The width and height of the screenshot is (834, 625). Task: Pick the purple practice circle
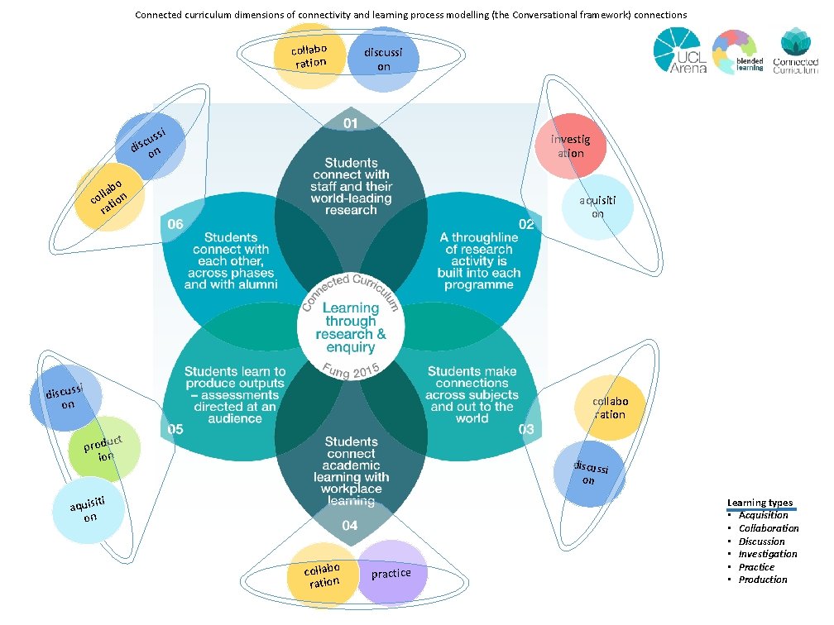tap(391, 572)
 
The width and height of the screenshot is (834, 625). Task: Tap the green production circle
tap(103, 449)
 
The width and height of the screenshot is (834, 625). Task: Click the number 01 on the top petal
tap(350, 123)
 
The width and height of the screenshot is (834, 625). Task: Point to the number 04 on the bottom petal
tap(350, 526)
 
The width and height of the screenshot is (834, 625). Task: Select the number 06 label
tap(176, 224)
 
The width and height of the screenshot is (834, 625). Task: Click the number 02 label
tap(526, 224)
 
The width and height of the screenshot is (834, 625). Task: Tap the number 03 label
tap(526, 429)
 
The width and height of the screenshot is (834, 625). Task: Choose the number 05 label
tap(176, 429)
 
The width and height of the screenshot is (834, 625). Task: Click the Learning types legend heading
tap(760, 503)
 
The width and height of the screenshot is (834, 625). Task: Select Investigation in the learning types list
tap(768, 554)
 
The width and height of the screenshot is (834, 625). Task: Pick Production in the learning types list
tap(763, 580)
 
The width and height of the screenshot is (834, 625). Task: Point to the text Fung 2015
tap(352, 372)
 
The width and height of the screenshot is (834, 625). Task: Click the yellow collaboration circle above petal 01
tap(308, 56)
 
